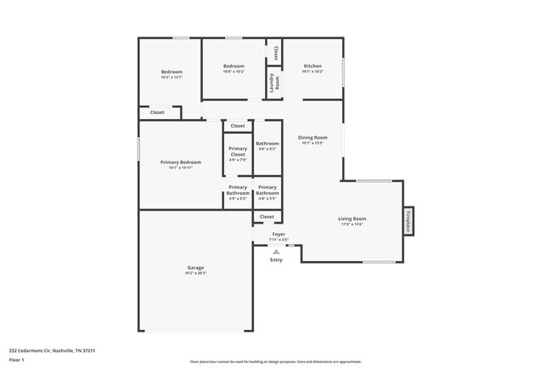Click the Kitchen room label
[313, 68]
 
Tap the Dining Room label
[313, 139]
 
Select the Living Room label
[352, 221]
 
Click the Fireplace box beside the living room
[408, 221]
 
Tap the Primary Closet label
[238, 153]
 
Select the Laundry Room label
[274, 82]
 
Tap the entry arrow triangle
[276, 251]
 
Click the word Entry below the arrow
[276, 259]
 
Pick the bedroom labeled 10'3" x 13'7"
[172, 74]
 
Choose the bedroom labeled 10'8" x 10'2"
[234, 68]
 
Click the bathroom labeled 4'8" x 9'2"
[268, 146]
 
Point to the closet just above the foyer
[267, 218]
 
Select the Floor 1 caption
[18, 360]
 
